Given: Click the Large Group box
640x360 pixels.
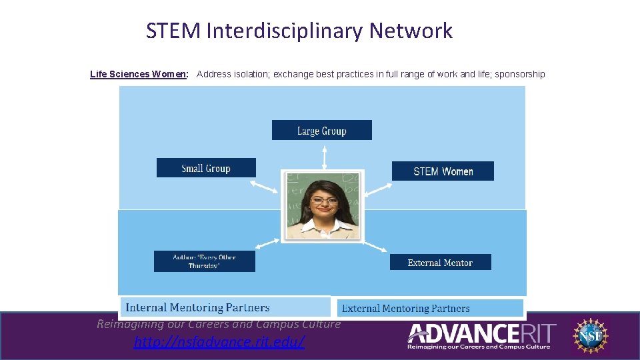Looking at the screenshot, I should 321,130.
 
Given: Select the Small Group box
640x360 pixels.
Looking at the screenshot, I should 206,168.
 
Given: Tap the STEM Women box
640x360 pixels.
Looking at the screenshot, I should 443,171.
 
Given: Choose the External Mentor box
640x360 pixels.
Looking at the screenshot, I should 440,263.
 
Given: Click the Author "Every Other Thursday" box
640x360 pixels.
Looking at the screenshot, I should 204,261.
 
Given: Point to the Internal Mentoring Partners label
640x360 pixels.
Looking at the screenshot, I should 198,307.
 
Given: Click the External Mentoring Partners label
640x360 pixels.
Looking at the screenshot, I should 405,308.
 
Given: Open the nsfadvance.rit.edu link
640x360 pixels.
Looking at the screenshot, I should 219,342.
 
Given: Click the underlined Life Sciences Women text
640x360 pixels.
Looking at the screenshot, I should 140,74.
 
